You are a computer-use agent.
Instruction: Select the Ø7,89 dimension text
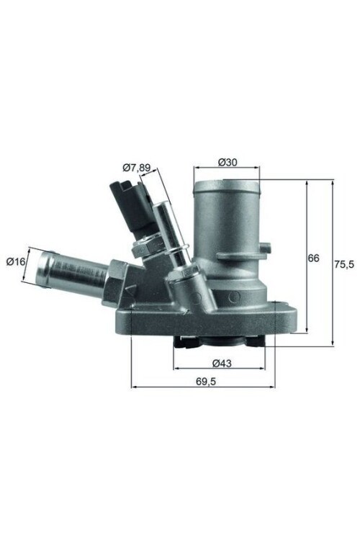pos(137,168)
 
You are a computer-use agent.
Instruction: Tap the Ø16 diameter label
pos(15,261)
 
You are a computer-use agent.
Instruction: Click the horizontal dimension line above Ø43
pos(220,369)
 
